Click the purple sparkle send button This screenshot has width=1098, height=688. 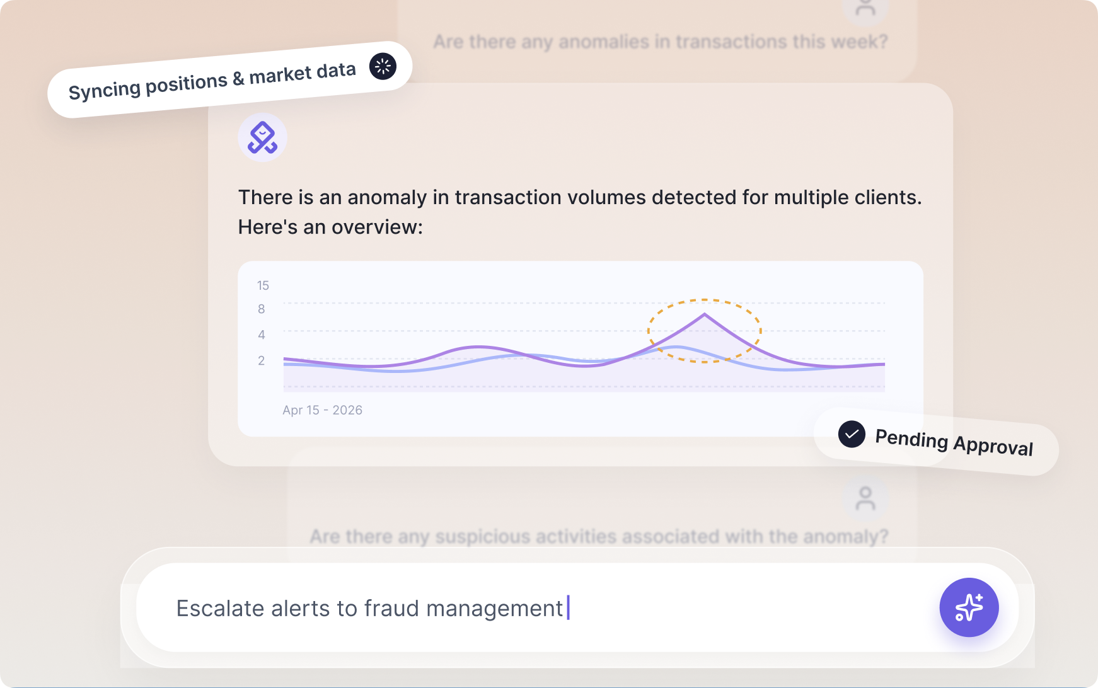(969, 607)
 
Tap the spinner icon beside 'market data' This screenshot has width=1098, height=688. (383, 66)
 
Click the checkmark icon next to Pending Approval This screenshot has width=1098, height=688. (852, 434)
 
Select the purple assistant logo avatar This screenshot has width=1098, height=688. (262, 137)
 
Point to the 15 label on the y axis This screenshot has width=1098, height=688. (263, 285)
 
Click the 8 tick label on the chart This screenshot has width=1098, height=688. (262, 309)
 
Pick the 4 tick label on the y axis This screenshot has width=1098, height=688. (262, 335)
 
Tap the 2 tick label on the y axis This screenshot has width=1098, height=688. (262, 360)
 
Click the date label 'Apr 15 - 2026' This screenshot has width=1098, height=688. (322, 410)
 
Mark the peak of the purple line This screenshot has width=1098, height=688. (704, 314)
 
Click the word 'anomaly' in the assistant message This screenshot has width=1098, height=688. (387, 198)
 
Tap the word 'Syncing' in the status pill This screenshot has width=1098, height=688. (103, 89)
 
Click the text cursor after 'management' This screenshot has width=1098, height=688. (569, 608)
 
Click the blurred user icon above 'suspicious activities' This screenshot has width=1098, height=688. (865, 499)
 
